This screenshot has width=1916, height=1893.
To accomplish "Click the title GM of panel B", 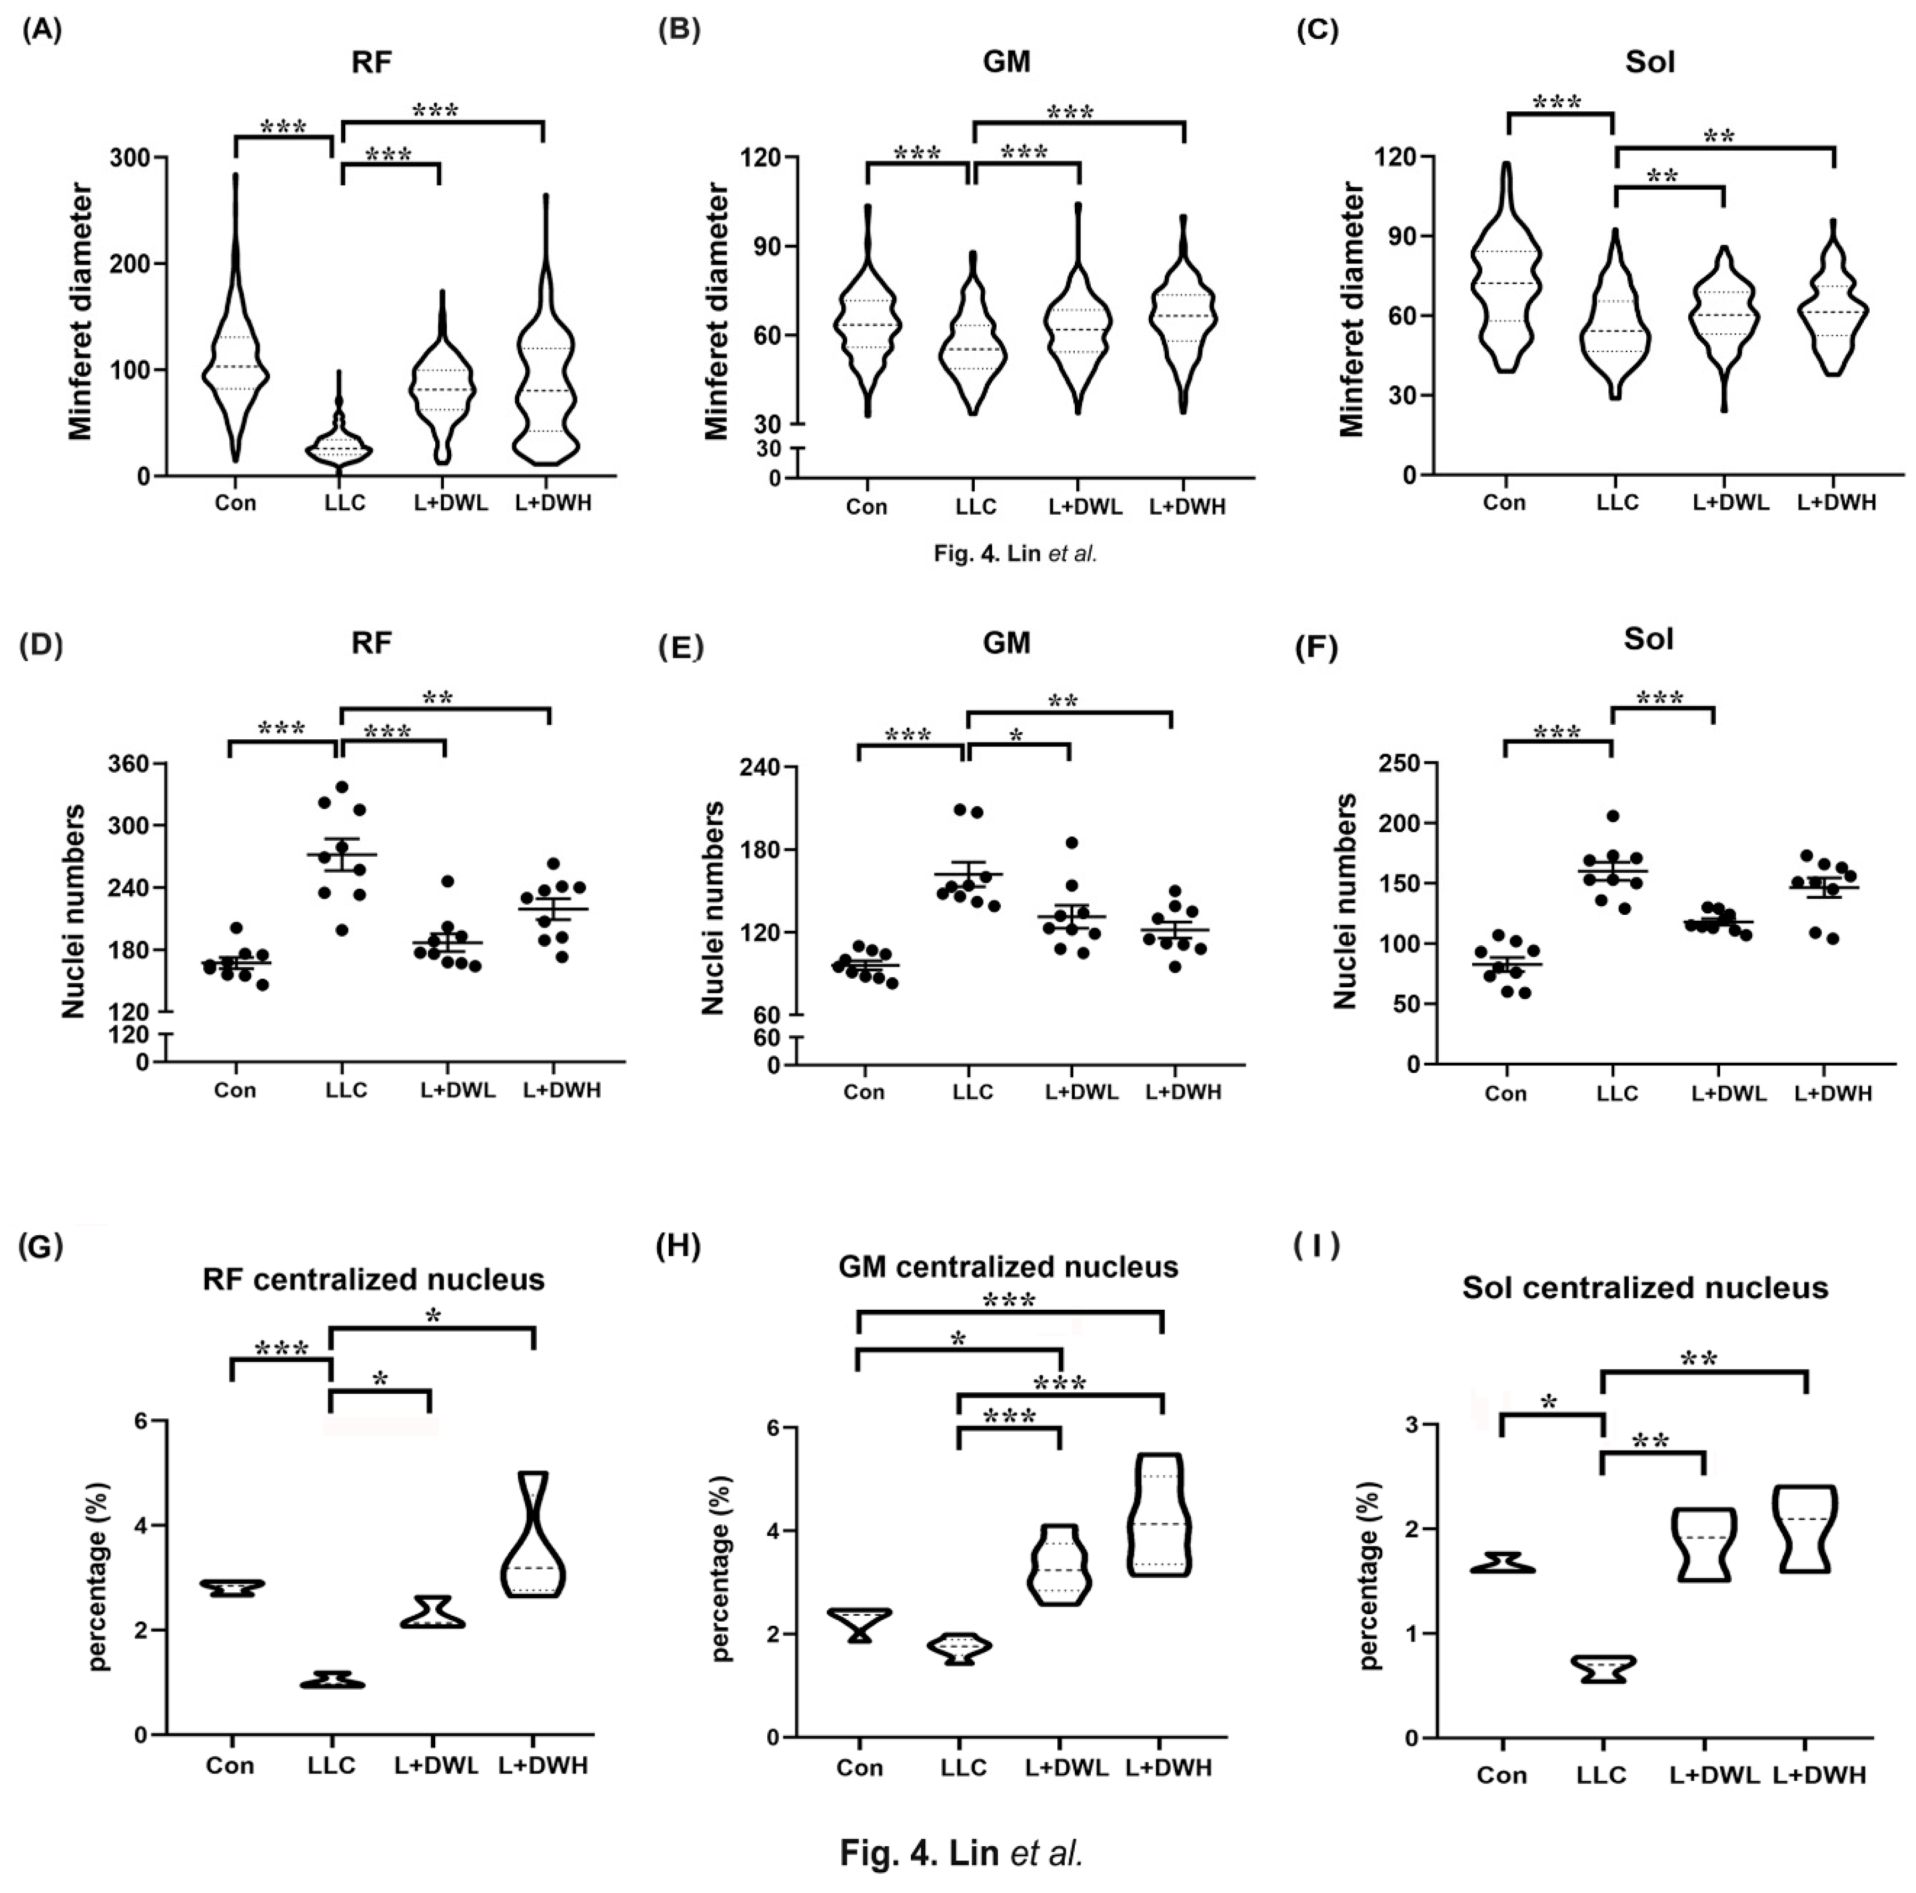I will pyautogui.click(x=1006, y=62).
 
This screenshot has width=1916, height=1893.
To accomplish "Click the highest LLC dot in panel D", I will pyautogui.click(x=342, y=788).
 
